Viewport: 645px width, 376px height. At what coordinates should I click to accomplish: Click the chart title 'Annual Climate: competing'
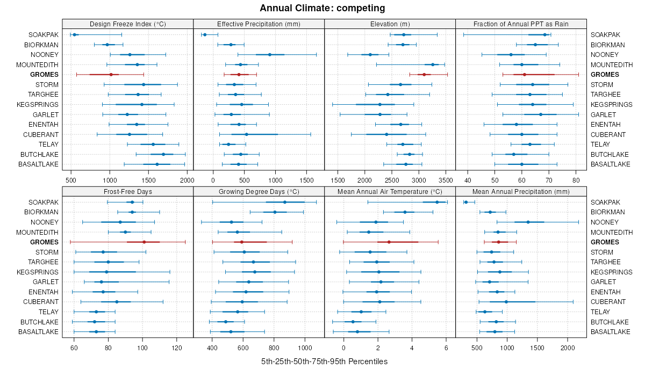coord(322,8)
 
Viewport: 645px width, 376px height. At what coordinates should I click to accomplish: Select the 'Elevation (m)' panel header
coord(390,24)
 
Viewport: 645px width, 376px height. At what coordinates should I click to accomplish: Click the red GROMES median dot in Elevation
coord(424,75)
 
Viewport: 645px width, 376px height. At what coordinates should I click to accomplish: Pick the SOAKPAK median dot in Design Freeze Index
coord(74,35)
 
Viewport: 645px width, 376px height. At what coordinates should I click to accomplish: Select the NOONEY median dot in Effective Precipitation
coord(270,55)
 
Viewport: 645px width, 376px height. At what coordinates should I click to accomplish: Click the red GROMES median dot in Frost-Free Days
coord(144,242)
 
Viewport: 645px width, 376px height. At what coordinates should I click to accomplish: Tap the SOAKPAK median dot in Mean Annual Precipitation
coord(466,202)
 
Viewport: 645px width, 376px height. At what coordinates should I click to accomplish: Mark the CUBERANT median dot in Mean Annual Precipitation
coord(506,302)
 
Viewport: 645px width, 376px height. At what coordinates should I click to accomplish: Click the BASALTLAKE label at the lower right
coord(611,332)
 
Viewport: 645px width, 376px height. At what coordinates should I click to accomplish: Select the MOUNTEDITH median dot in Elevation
coord(433,64)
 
